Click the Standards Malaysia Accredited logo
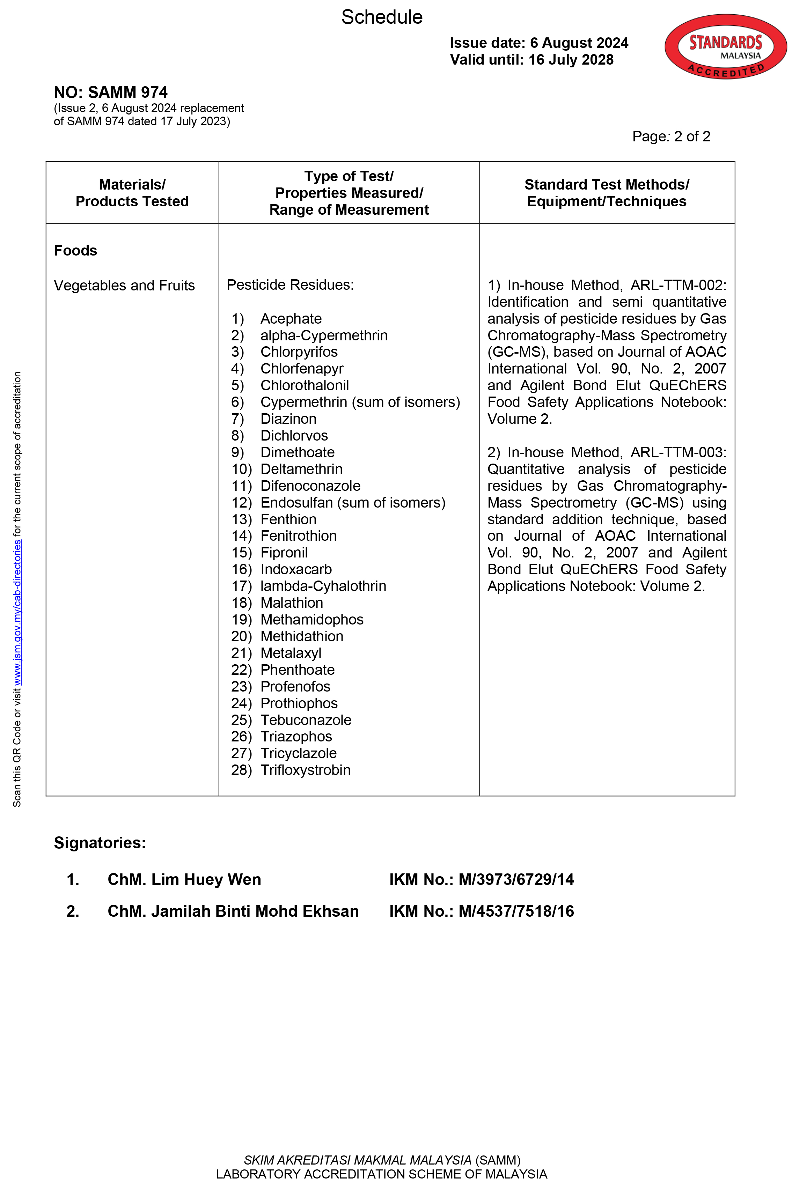click(725, 46)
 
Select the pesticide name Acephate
click(291, 319)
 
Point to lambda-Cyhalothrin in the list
click(323, 586)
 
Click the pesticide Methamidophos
click(311, 620)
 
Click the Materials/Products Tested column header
click(132, 193)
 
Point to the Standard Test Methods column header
click(606, 193)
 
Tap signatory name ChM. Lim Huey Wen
click(184, 879)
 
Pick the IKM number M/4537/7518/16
click(516, 911)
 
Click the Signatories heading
click(100, 843)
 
